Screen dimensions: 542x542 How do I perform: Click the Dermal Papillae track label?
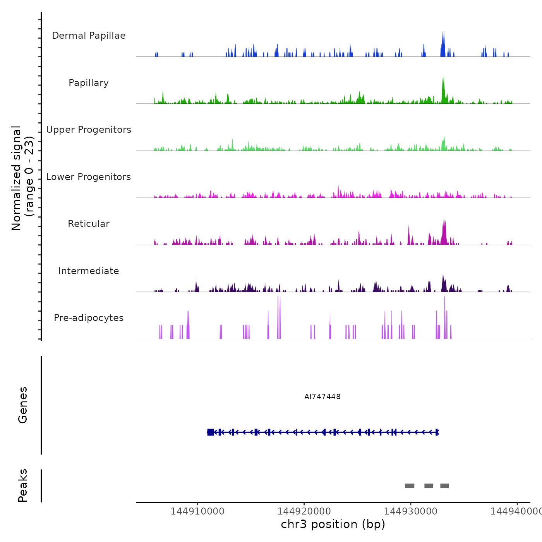pos(89,36)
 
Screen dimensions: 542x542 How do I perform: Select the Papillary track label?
pos(89,83)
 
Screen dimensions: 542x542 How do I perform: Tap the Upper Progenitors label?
pos(89,130)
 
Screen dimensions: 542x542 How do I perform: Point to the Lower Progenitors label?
pos(89,177)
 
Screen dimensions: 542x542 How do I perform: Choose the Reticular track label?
pos(89,224)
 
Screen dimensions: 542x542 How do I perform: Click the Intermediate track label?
pos(89,271)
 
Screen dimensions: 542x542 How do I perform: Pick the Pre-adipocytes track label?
pos(89,318)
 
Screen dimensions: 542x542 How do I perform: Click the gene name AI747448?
pos(322,396)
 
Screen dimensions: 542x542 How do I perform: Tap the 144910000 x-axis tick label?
pos(197,511)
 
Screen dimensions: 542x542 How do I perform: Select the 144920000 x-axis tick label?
pos(304,511)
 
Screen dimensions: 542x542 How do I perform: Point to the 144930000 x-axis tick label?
pos(411,511)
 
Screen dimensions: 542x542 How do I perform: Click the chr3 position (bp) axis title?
pos(333,524)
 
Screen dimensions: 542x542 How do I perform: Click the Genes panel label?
pos(23,405)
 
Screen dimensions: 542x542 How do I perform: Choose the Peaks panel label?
pos(23,485)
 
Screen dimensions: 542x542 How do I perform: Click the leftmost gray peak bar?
pos(410,486)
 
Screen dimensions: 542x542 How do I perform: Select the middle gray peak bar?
pos(429,486)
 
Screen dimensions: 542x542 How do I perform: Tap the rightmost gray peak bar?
pos(444,486)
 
